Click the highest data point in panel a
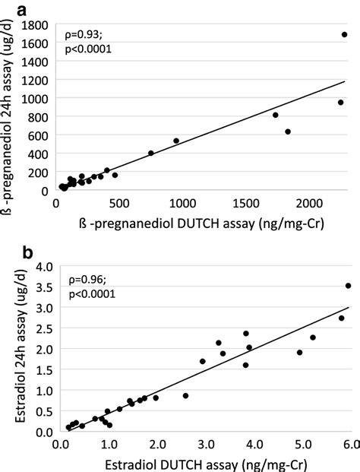point(344,35)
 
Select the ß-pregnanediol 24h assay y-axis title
point(11,106)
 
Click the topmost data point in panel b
point(348,286)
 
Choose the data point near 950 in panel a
point(176,141)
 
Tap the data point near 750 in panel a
point(151,153)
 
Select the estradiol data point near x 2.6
point(185,395)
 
